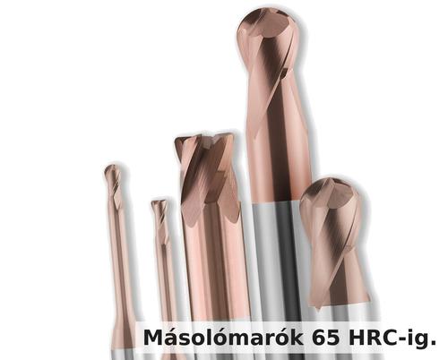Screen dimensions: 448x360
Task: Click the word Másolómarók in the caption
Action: [x=224, y=338]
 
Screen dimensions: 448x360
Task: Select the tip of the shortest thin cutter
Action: [x=159, y=205]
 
